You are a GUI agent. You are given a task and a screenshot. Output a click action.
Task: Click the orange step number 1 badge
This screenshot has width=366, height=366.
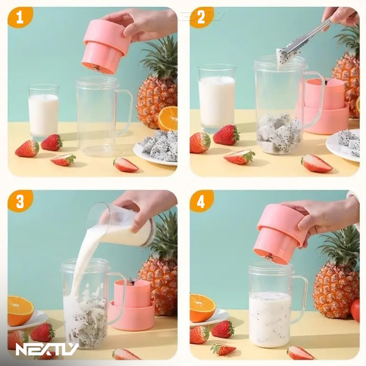20,17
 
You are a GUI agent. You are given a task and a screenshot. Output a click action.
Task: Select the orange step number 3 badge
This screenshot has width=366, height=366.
20,201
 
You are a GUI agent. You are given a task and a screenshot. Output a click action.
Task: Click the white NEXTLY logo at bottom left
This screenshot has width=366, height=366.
47,349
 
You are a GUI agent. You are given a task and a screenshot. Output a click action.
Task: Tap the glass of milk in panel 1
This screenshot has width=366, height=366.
44,112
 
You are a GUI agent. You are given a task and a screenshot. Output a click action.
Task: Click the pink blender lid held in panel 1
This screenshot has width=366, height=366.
105,46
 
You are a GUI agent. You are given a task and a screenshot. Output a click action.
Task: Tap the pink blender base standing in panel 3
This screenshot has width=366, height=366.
132,303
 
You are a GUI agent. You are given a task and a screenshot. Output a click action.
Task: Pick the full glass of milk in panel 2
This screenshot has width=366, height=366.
216,98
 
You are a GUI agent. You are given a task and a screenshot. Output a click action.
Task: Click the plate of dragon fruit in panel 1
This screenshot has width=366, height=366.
156,149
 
